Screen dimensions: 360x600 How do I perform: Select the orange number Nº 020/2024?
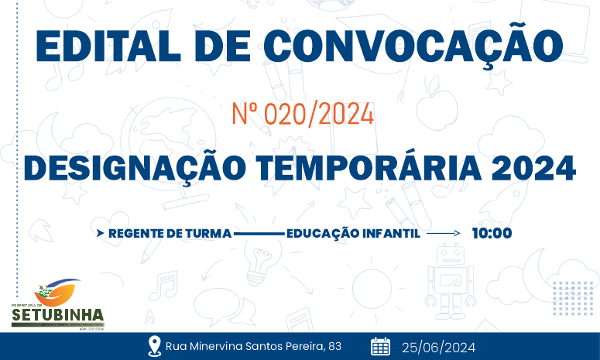coord(303,115)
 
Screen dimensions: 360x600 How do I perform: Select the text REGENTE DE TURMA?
coord(170,232)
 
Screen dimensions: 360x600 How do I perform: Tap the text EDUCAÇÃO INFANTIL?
coord(353,232)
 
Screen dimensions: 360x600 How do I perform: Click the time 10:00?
coord(492,232)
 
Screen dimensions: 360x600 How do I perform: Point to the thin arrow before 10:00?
coord(444,232)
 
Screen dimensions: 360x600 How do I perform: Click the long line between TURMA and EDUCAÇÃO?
coord(259,232)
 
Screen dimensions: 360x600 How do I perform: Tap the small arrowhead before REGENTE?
coord(100,232)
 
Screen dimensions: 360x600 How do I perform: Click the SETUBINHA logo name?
coord(57,315)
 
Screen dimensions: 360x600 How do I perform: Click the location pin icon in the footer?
coord(154,346)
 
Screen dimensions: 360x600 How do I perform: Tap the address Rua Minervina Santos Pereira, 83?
coord(253,346)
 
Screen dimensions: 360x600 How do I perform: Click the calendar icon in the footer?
coord(380,346)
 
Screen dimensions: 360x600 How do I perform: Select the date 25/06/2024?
coord(438,347)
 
